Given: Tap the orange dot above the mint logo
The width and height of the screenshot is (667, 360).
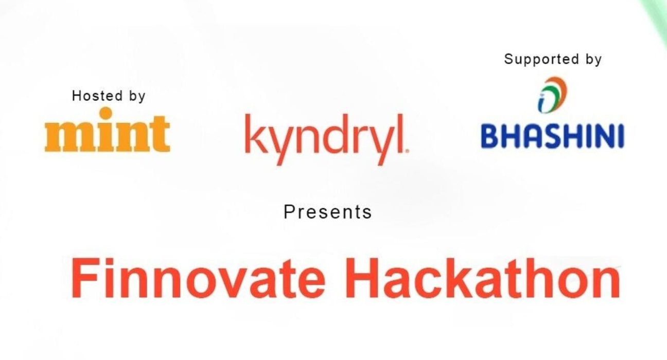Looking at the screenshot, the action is [106, 113].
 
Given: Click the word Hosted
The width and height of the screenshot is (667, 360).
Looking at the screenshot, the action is [97, 96].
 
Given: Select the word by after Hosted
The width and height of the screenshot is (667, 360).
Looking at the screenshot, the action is [137, 96].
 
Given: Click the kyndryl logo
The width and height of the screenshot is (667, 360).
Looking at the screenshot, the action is [327, 139].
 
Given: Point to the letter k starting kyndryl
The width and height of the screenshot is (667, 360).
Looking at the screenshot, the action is [255, 133].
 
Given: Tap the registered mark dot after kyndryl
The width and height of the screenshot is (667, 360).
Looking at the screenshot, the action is [407, 151].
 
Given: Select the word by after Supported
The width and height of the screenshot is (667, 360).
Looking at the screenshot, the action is [594, 60].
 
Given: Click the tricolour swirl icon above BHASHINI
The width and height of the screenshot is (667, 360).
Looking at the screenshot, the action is [553, 95].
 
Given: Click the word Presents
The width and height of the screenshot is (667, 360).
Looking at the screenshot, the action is [327, 212].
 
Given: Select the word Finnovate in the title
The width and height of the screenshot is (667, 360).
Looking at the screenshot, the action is [198, 278].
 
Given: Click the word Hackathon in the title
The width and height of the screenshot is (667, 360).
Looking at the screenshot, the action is [482, 278].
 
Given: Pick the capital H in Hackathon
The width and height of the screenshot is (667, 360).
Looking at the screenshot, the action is [361, 278].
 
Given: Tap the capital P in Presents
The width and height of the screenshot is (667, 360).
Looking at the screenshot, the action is [289, 212].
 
